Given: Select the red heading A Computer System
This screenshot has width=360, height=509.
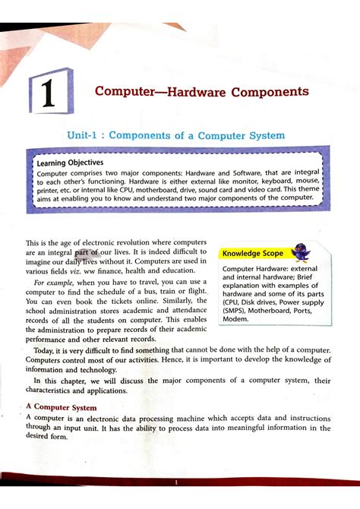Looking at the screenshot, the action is tap(71, 407).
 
